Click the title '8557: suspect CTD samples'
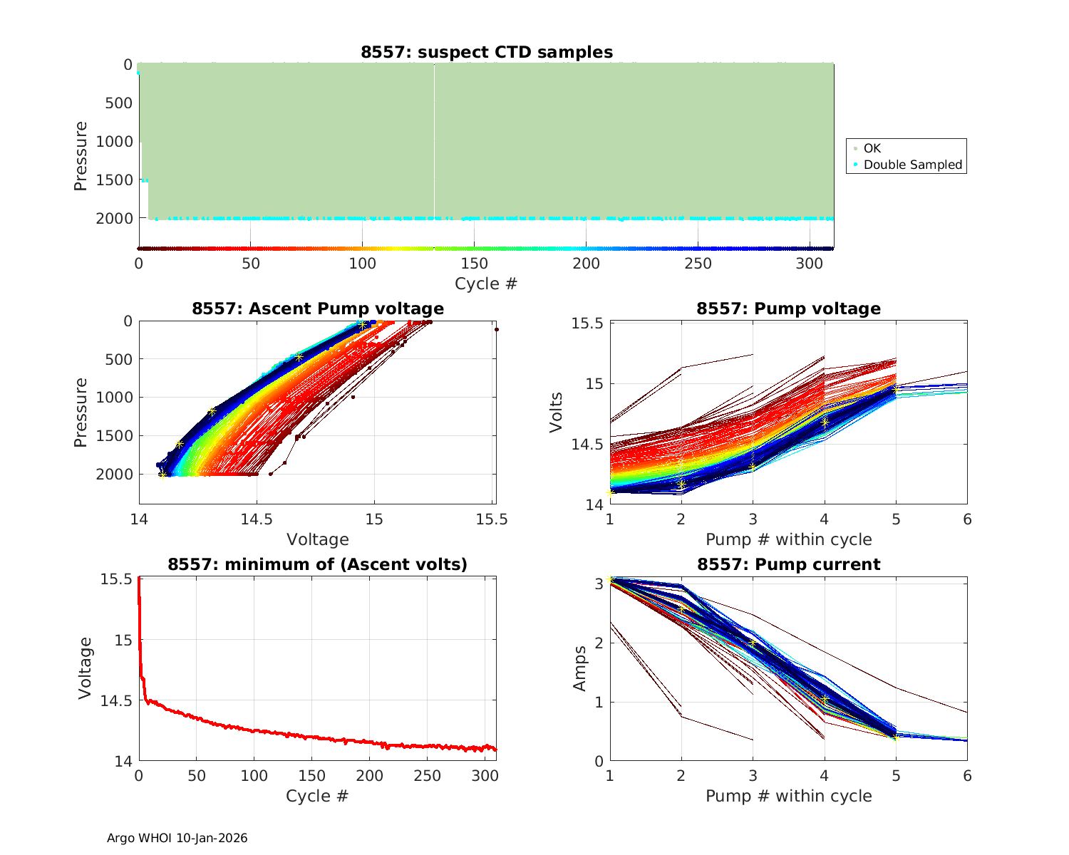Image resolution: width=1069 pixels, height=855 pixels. coord(486,52)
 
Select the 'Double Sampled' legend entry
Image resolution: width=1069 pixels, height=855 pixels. coord(912,165)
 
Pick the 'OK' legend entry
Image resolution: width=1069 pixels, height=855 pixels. coord(872,148)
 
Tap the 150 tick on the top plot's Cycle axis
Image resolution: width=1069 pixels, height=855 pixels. coord(474,264)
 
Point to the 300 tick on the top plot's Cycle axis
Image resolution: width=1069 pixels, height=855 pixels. coord(810,264)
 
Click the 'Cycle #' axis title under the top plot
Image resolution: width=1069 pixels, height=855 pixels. coord(486,284)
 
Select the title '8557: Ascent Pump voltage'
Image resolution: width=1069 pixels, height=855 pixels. coord(317,309)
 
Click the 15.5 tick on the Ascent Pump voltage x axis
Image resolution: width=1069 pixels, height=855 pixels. coord(492,519)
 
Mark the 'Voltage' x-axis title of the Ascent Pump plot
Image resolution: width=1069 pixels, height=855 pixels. coord(317,539)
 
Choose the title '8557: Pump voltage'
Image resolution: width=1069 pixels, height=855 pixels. coord(788,309)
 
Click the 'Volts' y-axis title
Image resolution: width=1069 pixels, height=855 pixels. coord(556,413)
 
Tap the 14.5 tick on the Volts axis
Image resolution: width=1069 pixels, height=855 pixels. coord(587,445)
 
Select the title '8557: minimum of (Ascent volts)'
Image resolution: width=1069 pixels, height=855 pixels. coord(317,564)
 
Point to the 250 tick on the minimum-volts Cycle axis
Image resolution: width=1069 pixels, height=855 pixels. coord(427,776)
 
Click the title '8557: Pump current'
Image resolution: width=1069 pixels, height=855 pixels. coord(788,564)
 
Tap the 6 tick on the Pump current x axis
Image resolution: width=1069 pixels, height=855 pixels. coord(967,776)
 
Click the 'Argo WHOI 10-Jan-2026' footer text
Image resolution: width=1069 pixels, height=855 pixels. coord(177,838)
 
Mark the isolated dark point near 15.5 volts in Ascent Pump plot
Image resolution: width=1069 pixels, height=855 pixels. coord(497,329)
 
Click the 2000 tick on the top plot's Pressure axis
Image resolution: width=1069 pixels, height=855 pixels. coord(114,219)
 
